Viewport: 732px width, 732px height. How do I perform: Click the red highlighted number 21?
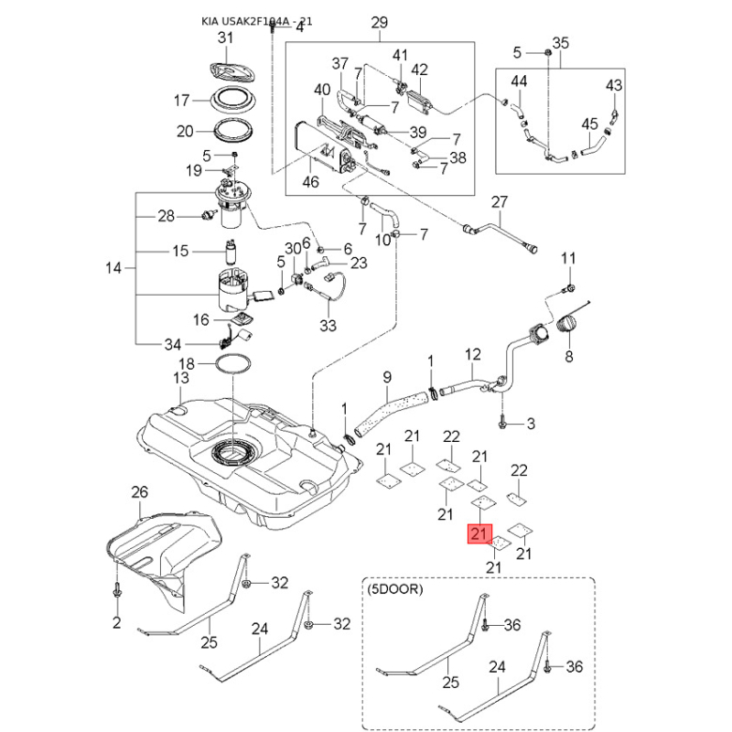(x=479, y=533)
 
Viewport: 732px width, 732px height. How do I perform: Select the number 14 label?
(x=113, y=268)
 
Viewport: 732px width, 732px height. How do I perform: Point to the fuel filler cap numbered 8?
(x=569, y=326)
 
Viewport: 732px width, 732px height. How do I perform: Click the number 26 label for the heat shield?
(x=139, y=493)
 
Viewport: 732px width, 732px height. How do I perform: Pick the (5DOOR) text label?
(x=395, y=590)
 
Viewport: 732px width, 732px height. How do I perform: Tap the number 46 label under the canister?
(x=310, y=182)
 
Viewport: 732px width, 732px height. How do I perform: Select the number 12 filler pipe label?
(x=472, y=353)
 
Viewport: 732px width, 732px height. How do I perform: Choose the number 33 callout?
(x=328, y=325)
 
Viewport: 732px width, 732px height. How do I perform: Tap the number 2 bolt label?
(x=117, y=623)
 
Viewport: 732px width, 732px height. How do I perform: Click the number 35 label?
(x=561, y=43)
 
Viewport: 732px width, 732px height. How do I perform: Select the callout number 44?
(x=519, y=81)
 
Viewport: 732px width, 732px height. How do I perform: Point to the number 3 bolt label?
(x=530, y=424)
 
